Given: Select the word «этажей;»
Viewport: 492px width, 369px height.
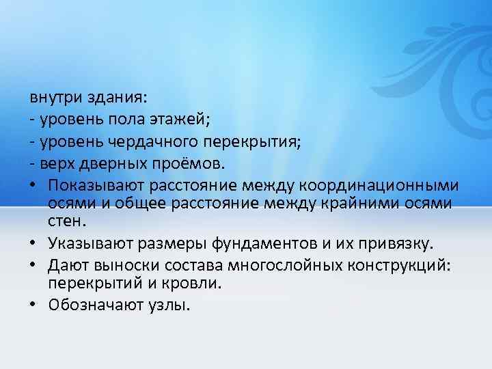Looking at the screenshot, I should pyautogui.click(x=185, y=120).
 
